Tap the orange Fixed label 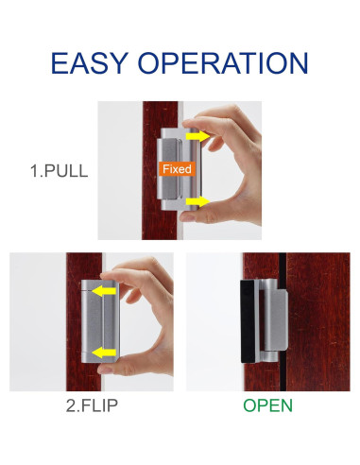(x=177, y=169)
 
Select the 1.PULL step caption (x=60, y=173)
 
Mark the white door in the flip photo (x=38, y=321)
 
